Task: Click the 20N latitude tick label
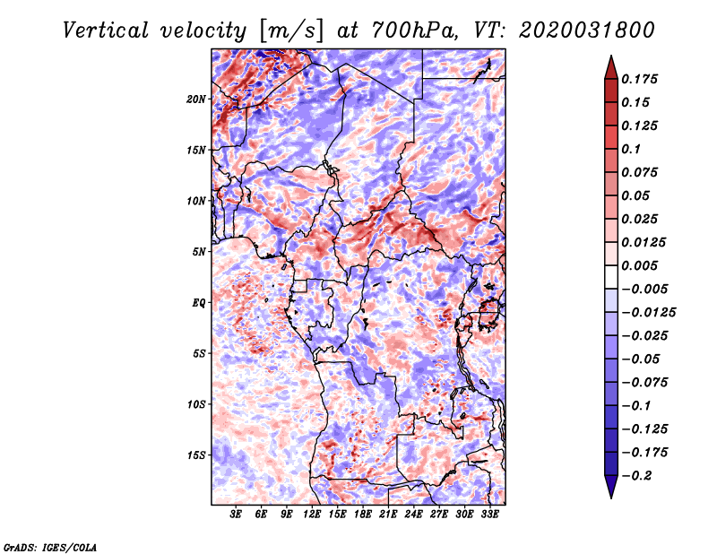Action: (x=196, y=100)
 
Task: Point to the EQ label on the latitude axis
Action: (x=198, y=302)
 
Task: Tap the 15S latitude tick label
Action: (x=196, y=455)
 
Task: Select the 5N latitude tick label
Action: (x=199, y=252)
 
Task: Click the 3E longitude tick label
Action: (x=236, y=515)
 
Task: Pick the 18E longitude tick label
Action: (x=363, y=515)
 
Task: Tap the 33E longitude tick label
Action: (x=489, y=515)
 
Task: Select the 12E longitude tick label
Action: (x=312, y=515)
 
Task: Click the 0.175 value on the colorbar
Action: (x=640, y=79)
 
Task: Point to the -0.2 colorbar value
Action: (x=636, y=476)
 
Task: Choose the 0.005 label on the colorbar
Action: (x=640, y=265)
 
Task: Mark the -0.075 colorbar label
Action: (x=644, y=383)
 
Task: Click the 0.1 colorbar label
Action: (x=631, y=149)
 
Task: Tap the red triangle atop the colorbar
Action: (x=611, y=68)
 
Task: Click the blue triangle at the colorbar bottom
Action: (x=611, y=487)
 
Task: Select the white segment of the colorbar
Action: (x=611, y=277)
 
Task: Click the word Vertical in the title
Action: (x=106, y=30)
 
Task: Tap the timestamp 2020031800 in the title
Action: (x=587, y=30)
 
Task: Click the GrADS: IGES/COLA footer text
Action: (x=50, y=548)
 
